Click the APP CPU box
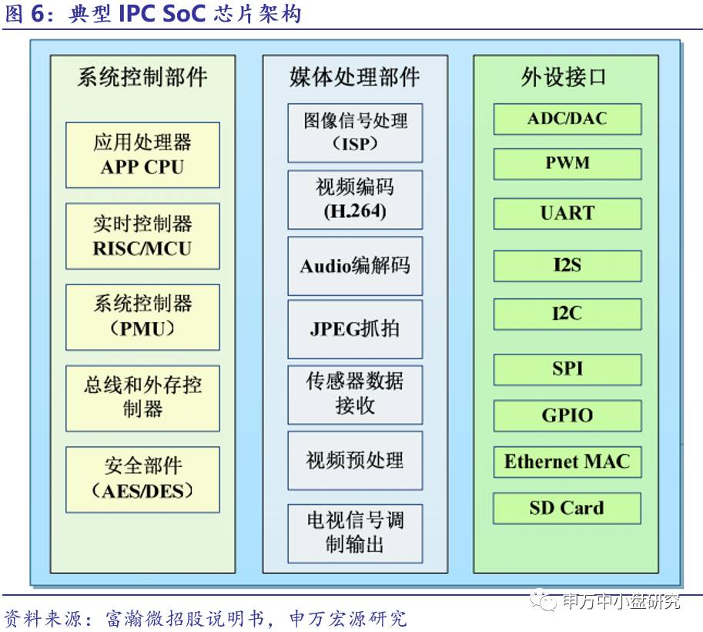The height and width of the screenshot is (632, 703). click(142, 155)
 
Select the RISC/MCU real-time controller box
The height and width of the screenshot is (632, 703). click(142, 237)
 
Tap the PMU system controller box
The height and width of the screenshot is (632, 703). click(142, 316)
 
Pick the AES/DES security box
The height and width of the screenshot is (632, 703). click(142, 479)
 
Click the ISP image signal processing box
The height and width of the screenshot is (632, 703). click(355, 133)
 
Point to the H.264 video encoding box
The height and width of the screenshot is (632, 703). click(355, 200)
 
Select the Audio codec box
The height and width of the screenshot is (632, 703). click(355, 266)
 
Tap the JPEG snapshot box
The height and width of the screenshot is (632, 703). click(355, 329)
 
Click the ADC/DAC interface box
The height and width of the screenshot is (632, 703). click(567, 119)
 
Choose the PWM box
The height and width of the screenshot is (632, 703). click(567, 163)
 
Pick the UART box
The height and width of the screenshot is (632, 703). click(567, 213)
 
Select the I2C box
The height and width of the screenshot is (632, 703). click(567, 314)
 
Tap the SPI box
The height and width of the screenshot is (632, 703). click(567, 369)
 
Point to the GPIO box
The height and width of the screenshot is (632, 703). click(567, 415)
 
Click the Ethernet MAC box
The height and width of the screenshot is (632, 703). click(567, 462)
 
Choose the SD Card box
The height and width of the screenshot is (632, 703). click(567, 508)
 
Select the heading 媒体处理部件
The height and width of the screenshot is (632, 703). click(355, 78)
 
